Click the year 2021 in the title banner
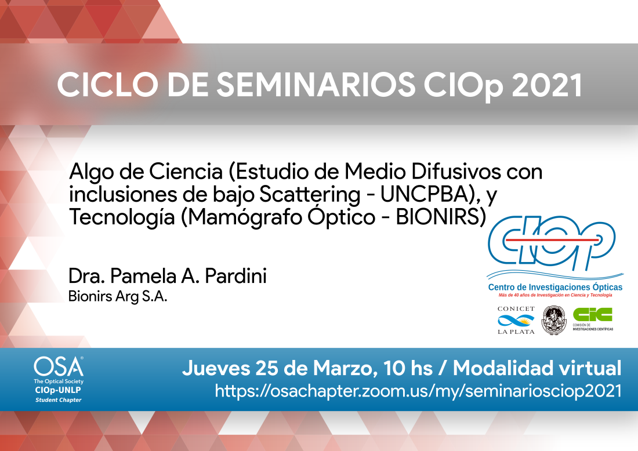pyautogui.click(x=548, y=85)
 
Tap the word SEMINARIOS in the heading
pyautogui.click(x=316, y=85)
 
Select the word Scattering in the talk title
pyautogui.click(x=310, y=195)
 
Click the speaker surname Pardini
pyautogui.click(x=236, y=276)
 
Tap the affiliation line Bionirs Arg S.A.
pyautogui.click(x=118, y=296)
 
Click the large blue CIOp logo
pyautogui.click(x=552, y=242)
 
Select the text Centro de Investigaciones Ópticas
pyautogui.click(x=555, y=287)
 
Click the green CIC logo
pyautogui.click(x=592, y=314)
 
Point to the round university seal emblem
pyautogui.click(x=554, y=320)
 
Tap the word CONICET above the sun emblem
pyautogui.click(x=516, y=308)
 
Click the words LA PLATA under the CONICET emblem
pyautogui.click(x=516, y=332)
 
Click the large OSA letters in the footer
pyautogui.click(x=58, y=367)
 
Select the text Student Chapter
pyautogui.click(x=58, y=400)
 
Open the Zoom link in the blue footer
pyautogui.click(x=418, y=391)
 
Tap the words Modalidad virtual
pyautogui.click(x=537, y=368)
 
